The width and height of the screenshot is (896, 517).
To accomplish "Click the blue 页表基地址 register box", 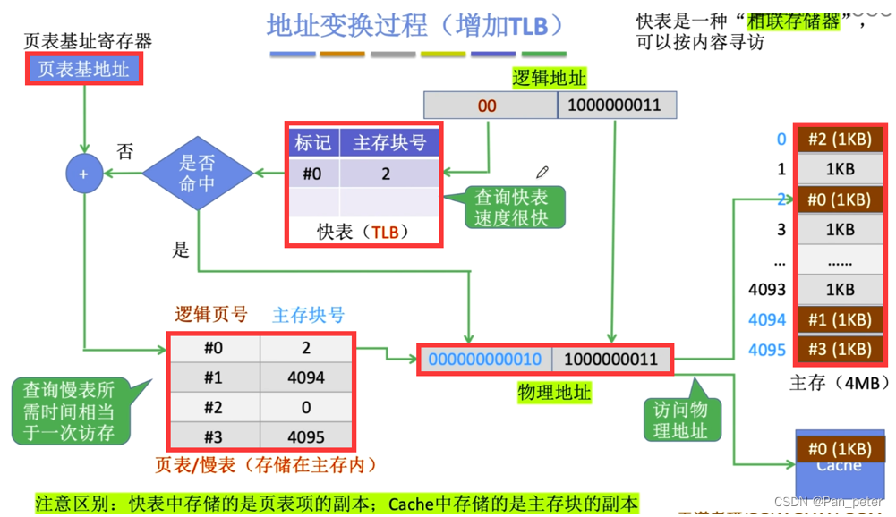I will [83, 69].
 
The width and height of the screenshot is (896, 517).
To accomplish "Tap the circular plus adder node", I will [84, 174].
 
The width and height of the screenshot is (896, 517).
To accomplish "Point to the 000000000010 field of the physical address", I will [485, 360].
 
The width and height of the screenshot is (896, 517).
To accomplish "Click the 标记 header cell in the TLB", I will [313, 143].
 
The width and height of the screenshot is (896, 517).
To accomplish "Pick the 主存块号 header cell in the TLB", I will [389, 143].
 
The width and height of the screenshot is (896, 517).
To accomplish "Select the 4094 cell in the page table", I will [306, 378].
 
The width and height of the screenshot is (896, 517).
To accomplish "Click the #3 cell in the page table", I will [213, 437].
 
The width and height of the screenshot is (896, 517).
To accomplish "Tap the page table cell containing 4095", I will [306, 437].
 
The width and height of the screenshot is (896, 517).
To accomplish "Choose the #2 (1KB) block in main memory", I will [839, 140].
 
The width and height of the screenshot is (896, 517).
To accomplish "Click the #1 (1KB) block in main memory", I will [839, 319].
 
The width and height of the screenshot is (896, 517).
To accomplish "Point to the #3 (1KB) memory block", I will [839, 350].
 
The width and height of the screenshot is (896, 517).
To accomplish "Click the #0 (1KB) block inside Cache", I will [839, 449].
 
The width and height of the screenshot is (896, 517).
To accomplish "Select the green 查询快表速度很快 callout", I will [512, 208].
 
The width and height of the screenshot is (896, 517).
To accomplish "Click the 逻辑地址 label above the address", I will [549, 78].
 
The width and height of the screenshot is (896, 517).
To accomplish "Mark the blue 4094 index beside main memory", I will [767, 319].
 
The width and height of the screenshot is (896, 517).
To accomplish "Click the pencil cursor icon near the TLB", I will [542, 172].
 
